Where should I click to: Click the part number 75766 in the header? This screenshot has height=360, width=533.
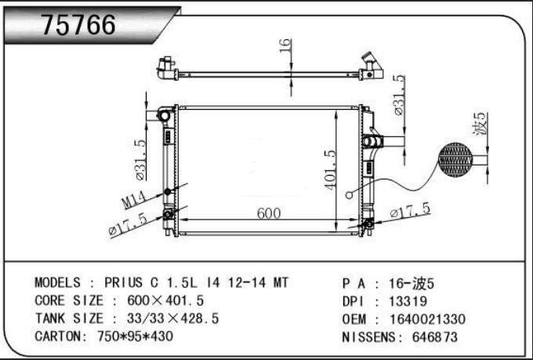78,25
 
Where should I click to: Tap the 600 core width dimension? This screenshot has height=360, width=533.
269,213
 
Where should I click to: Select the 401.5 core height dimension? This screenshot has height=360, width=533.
329,169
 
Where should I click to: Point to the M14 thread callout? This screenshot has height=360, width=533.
134,200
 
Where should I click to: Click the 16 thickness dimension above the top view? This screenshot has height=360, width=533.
285,45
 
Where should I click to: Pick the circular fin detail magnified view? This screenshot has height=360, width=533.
455,159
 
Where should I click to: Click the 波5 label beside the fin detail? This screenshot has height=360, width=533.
480,123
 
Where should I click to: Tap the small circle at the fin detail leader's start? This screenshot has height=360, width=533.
349,195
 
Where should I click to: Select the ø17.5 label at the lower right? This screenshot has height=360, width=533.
411,210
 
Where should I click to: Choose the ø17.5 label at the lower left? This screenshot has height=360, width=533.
128,224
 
